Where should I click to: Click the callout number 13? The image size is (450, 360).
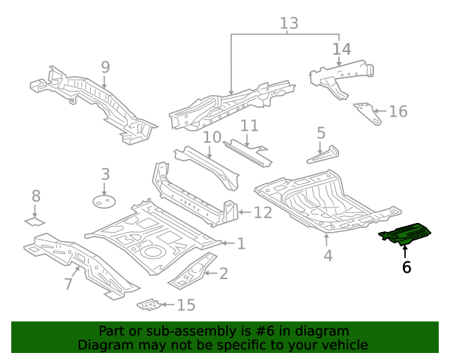click(289, 23)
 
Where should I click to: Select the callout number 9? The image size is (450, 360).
click(105, 67)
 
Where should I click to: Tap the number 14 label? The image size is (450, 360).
click(342, 49)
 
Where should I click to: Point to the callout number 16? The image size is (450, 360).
click(398, 111)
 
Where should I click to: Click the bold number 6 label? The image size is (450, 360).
click(406, 266)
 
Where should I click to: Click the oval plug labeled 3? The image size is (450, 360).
click(104, 202)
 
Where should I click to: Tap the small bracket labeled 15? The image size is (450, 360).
click(148, 304)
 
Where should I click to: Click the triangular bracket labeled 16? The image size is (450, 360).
click(366, 112)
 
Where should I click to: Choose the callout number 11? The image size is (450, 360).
click(250, 126)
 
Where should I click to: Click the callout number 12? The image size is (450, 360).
click(262, 212)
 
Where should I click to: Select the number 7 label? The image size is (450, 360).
click(68, 284)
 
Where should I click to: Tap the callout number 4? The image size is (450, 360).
click(328, 256)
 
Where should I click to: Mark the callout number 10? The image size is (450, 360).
click(212, 137)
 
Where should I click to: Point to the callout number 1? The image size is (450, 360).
click(241, 243)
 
